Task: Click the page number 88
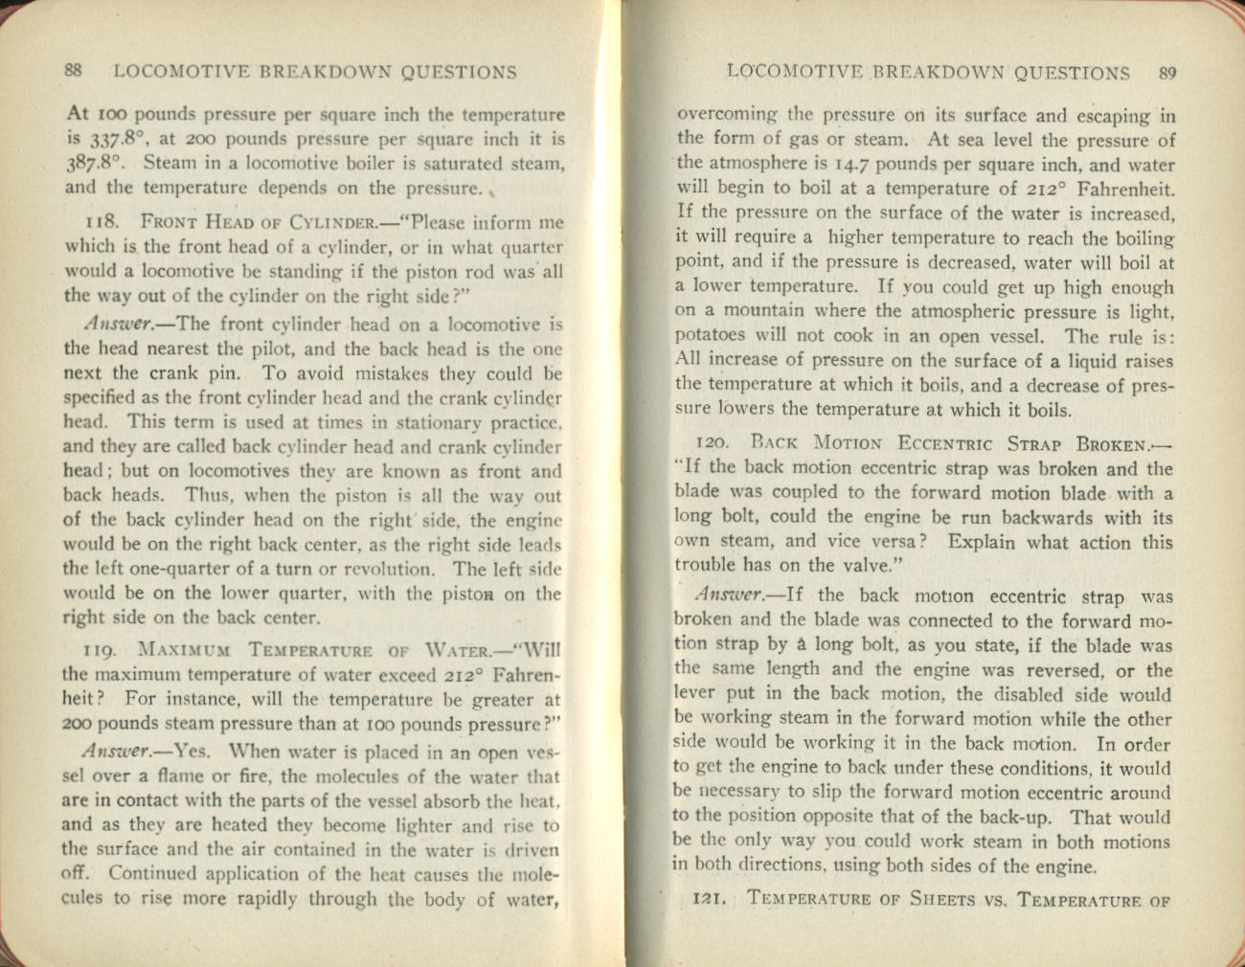coord(73,71)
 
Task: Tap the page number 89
coord(1166,73)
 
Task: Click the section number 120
coord(713,443)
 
